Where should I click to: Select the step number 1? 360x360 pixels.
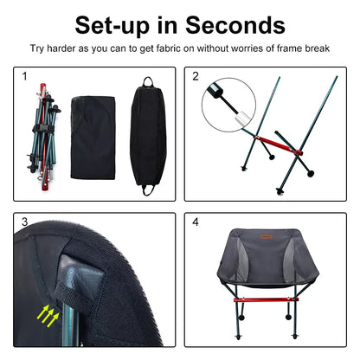[25, 77]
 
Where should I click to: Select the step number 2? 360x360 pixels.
[196, 77]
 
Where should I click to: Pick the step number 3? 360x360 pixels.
[25, 222]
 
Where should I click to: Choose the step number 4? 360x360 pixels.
[196, 222]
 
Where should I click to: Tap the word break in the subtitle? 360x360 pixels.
[318, 50]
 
